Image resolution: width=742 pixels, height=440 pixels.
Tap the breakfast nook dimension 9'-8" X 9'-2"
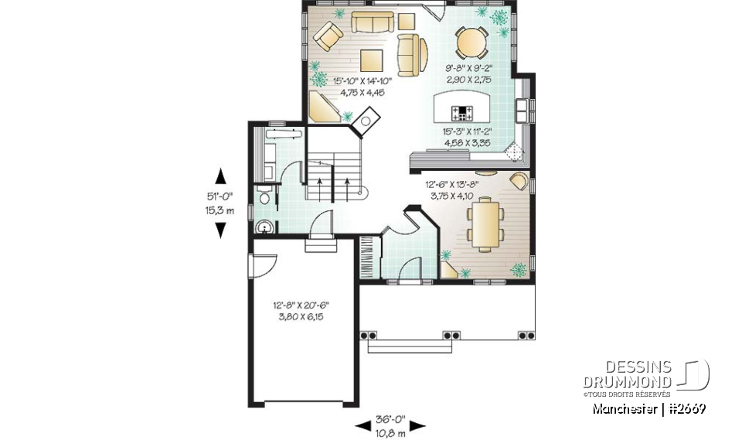(468, 69)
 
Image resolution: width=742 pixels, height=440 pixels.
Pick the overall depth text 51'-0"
(220, 196)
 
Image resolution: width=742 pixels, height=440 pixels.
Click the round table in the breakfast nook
(471, 43)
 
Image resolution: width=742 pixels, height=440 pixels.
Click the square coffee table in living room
(370, 60)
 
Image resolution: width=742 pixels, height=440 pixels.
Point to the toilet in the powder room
(264, 199)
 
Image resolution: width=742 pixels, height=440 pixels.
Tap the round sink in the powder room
(264, 227)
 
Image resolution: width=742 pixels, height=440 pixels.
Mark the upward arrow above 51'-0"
(220, 175)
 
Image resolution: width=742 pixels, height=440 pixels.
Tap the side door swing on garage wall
(260, 264)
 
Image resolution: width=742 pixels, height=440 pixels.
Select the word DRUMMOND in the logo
(628, 383)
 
